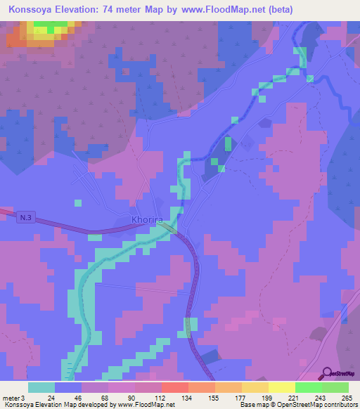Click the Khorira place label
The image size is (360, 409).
tap(147, 220)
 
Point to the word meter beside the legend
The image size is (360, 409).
tap(11, 398)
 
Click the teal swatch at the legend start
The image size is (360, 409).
tap(41, 387)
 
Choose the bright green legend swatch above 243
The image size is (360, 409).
tap(308, 387)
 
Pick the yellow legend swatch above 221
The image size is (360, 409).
tap(281, 387)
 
